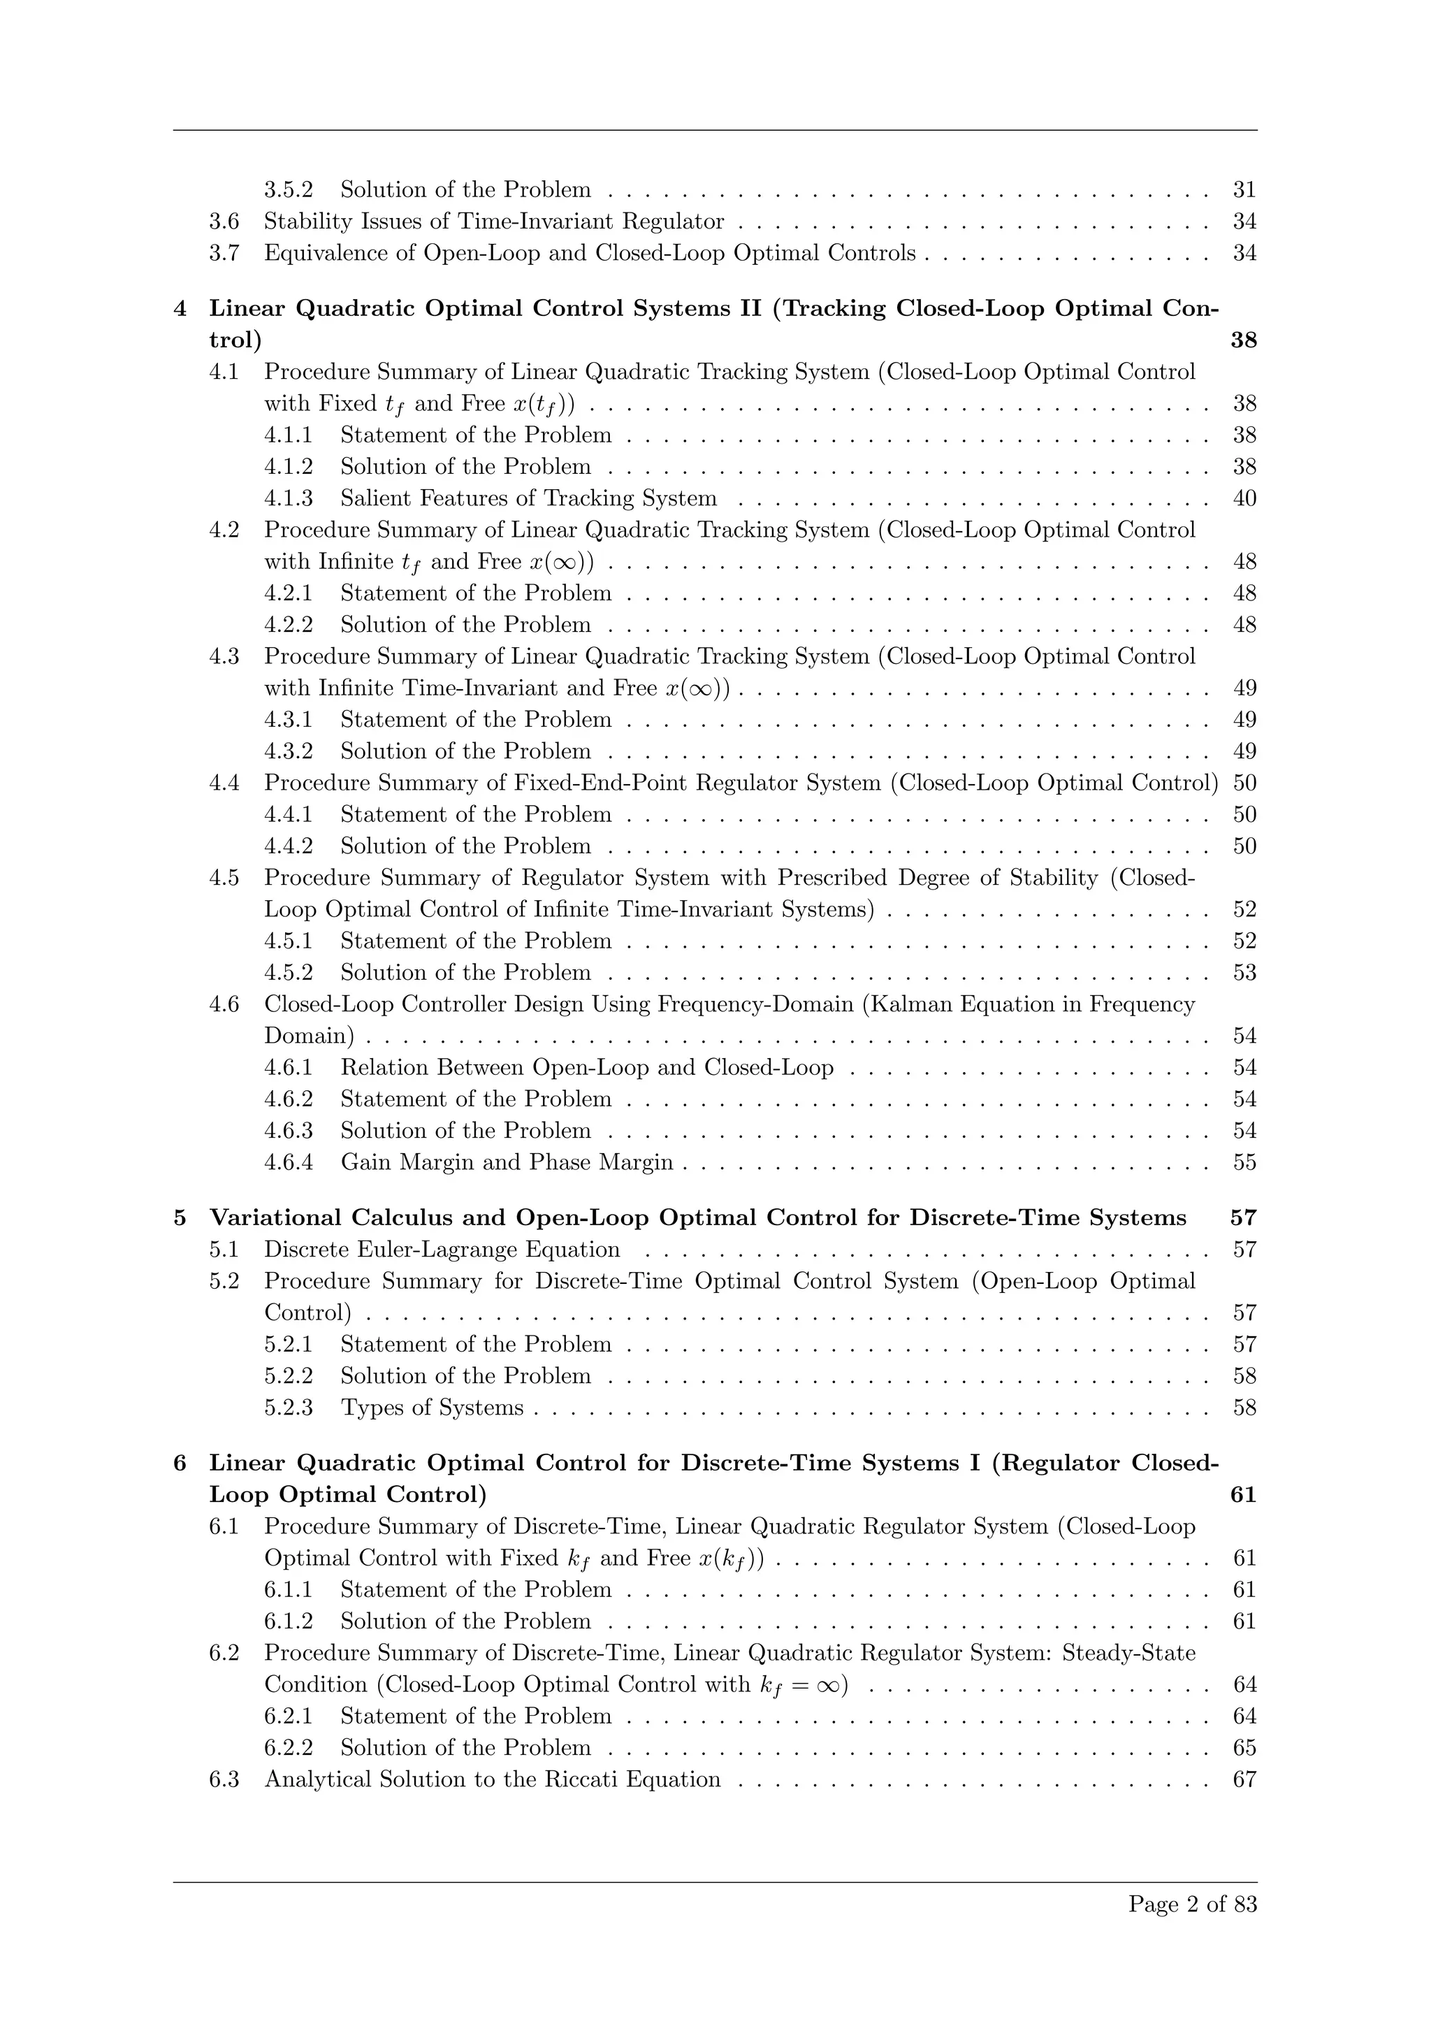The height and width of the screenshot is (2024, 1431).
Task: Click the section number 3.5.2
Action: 288,189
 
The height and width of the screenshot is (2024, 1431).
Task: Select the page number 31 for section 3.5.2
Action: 1244,189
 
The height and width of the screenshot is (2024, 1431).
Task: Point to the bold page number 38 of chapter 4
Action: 1242,340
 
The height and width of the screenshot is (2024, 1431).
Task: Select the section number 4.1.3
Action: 288,499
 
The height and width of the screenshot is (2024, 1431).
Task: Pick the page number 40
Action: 1244,499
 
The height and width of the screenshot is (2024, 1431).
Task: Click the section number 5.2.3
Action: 288,1408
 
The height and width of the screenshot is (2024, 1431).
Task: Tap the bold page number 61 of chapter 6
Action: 1242,1495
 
